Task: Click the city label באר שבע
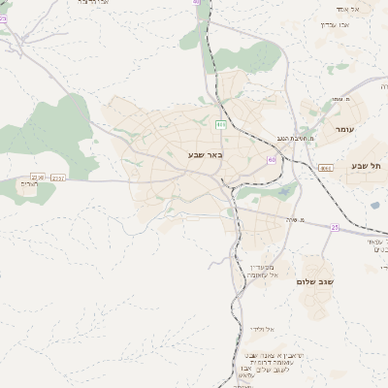206,154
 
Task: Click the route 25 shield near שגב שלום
335,227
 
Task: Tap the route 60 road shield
273,160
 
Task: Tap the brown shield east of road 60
326,168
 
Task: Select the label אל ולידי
260,329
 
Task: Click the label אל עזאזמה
260,275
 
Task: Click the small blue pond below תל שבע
374,205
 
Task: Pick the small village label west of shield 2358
27,184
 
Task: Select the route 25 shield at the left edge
3,17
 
